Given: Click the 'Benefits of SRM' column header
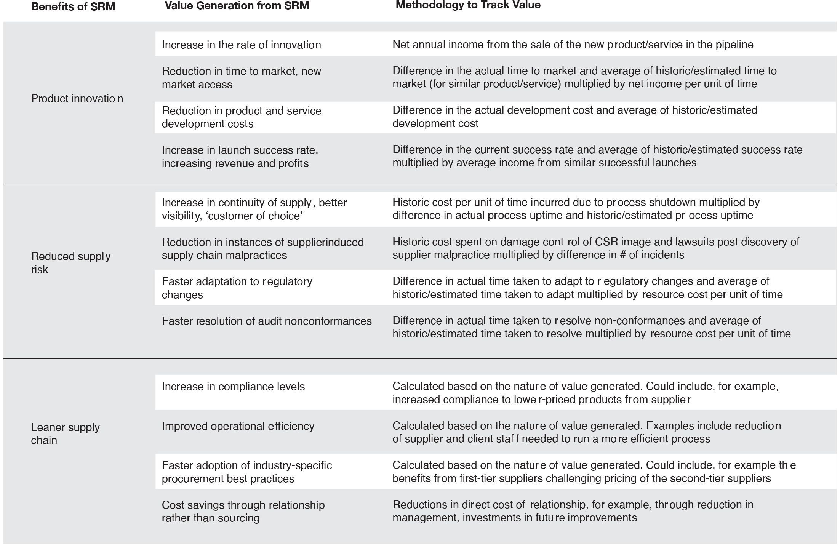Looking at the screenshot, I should [73, 6].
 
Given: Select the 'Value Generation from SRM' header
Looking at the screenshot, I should [237, 5].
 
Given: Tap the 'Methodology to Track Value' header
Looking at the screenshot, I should [468, 5].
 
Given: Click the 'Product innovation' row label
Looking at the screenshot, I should [77, 99].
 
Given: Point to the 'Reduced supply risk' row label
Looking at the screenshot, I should [71, 263].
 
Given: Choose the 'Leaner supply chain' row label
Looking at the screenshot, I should [65, 433].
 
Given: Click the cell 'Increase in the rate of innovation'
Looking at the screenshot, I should [241, 45].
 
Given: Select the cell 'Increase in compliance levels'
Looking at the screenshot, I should [233, 387].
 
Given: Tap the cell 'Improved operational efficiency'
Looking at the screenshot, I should [238, 426].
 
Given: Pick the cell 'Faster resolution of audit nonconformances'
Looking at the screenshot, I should [267, 321].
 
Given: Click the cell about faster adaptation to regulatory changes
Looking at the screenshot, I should [237, 288].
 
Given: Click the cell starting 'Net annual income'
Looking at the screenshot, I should [573, 45].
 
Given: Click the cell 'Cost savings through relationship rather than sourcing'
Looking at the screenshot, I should [243, 512].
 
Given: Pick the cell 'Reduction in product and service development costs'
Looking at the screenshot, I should [241, 117].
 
